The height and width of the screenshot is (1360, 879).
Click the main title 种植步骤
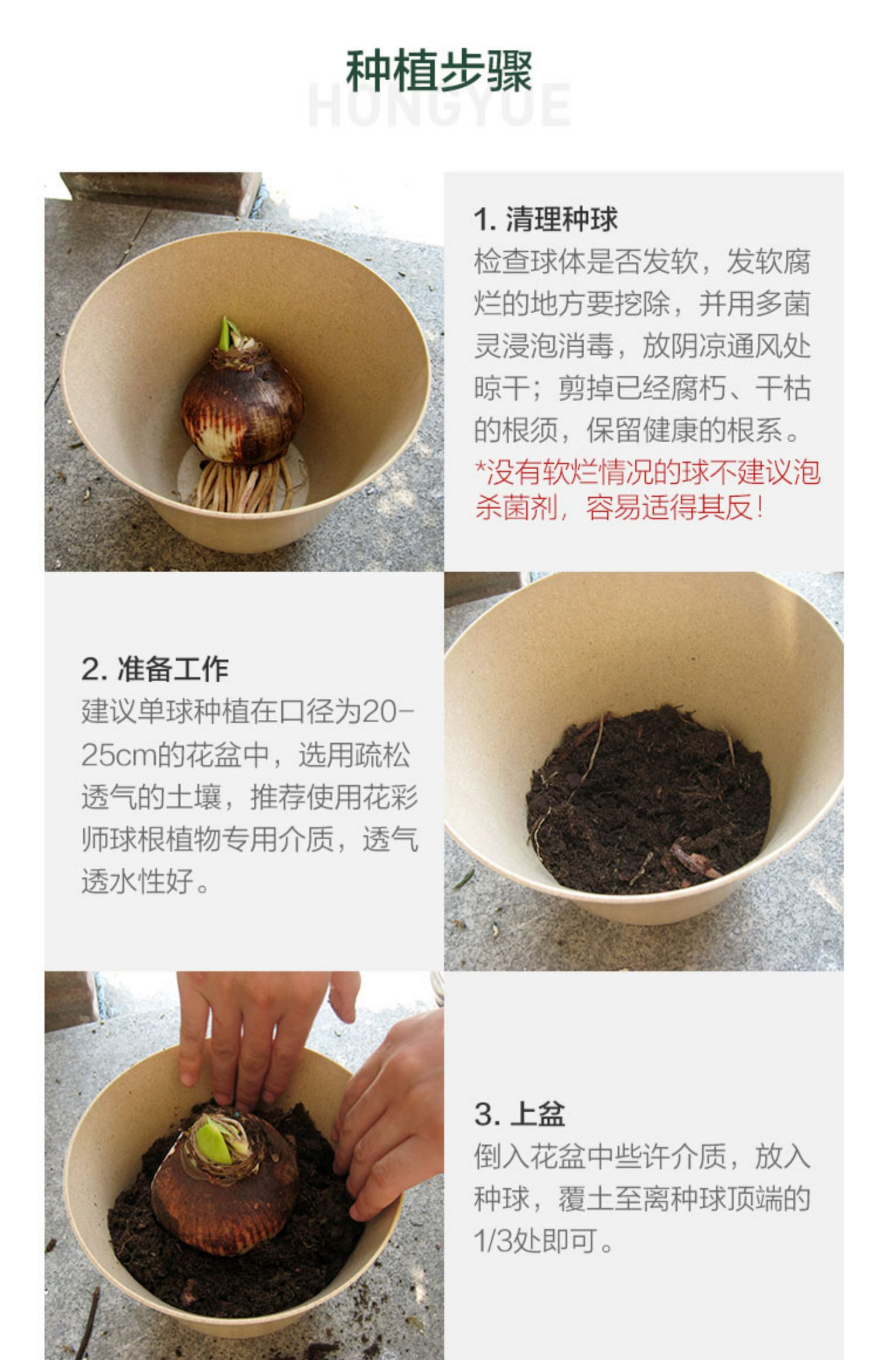pyautogui.click(x=439, y=71)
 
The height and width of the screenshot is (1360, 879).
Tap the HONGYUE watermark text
pyautogui.click(x=439, y=105)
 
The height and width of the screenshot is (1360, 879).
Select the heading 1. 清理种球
pyautogui.click(x=546, y=219)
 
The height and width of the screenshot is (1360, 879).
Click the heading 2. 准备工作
pyautogui.click(x=155, y=668)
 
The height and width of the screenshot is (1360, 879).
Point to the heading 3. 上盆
pyautogui.click(x=520, y=1113)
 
